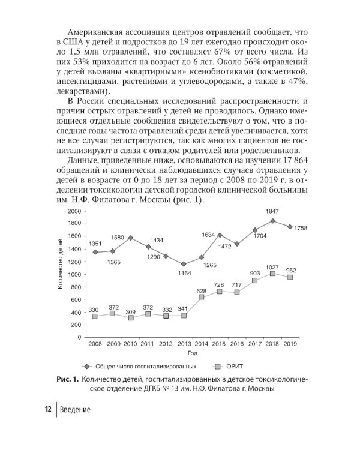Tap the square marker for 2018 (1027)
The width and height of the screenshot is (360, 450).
(272, 273)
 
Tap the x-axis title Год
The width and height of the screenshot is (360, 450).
(192, 353)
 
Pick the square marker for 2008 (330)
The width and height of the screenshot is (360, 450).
(95, 316)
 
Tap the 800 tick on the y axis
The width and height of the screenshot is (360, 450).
(76, 287)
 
